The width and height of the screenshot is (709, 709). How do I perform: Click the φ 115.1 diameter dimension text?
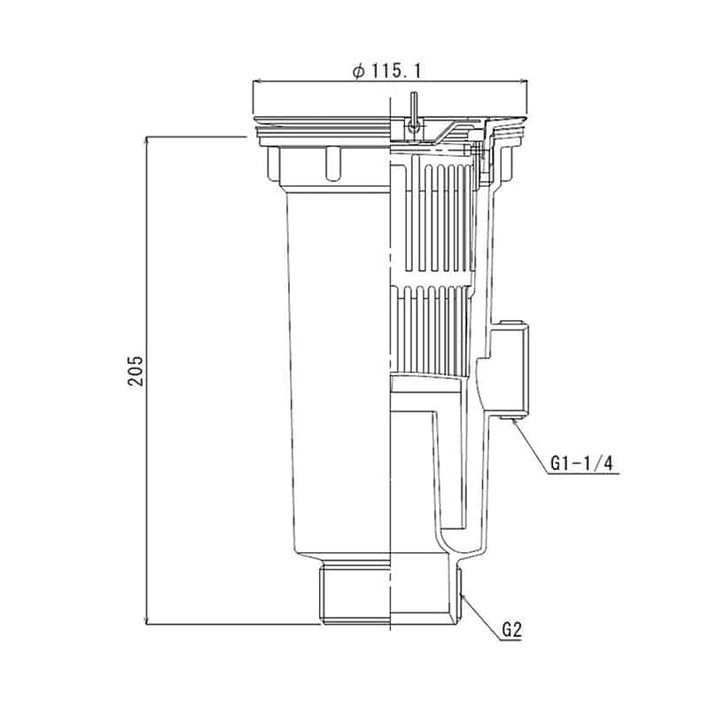coord(386,71)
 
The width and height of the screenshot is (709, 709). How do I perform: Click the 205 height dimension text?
coord(136,371)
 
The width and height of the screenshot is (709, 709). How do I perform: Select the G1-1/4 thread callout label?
coord(581,463)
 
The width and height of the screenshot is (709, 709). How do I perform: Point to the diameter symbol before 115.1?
coord(358,72)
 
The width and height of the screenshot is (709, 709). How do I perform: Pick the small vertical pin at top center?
coord(413,113)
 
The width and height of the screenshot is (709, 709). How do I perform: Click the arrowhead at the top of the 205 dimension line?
coord(146,140)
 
